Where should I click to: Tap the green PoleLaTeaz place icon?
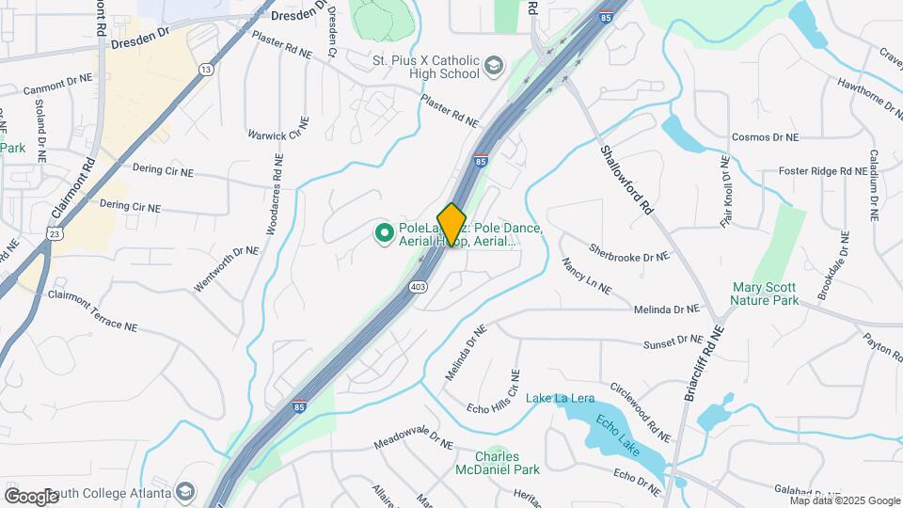[x=384, y=231]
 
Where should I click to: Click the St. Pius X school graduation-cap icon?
[x=494, y=67]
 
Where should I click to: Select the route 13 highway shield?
[x=205, y=70]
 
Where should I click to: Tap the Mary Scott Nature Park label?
[x=766, y=294]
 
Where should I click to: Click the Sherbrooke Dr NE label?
[x=629, y=253]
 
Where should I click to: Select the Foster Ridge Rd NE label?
[x=822, y=172]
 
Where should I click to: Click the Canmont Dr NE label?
[x=58, y=86]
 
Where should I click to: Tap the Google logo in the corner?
[x=31, y=496]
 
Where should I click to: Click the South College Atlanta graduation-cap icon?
[x=185, y=492]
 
